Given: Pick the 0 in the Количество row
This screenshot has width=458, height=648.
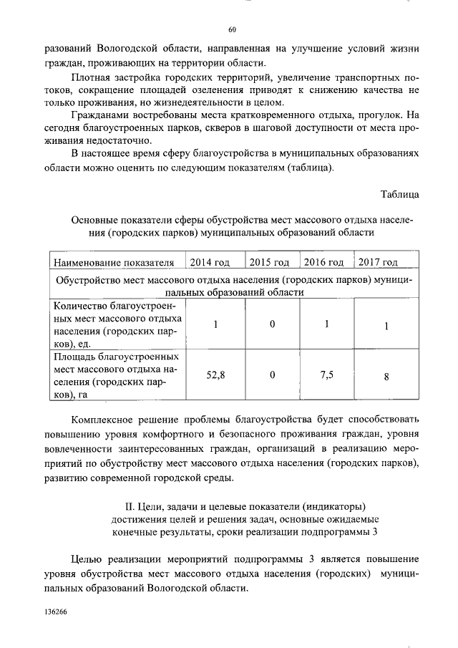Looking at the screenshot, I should point(272,324).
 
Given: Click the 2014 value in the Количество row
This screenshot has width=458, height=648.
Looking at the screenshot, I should point(215,324).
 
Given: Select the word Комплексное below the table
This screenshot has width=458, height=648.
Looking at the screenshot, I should point(108,417).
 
